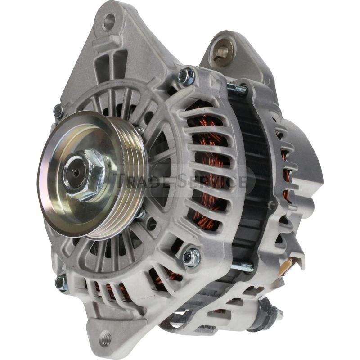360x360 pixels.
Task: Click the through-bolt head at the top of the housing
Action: [185, 76]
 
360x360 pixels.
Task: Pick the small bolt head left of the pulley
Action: [58, 111]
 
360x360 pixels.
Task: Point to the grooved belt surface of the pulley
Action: [126, 180]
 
